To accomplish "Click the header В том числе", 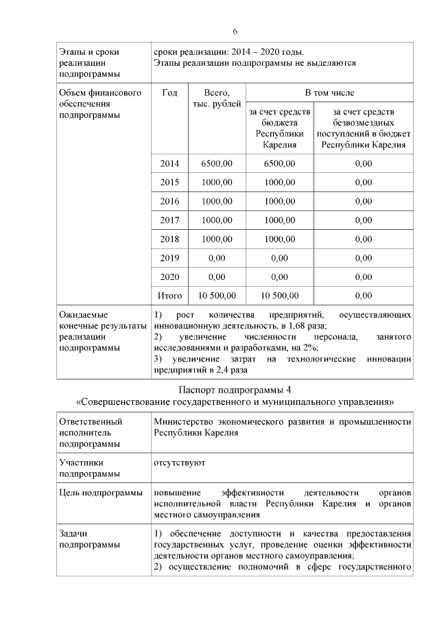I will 329,93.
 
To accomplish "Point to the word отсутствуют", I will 180,462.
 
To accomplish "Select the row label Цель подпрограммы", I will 101,493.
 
